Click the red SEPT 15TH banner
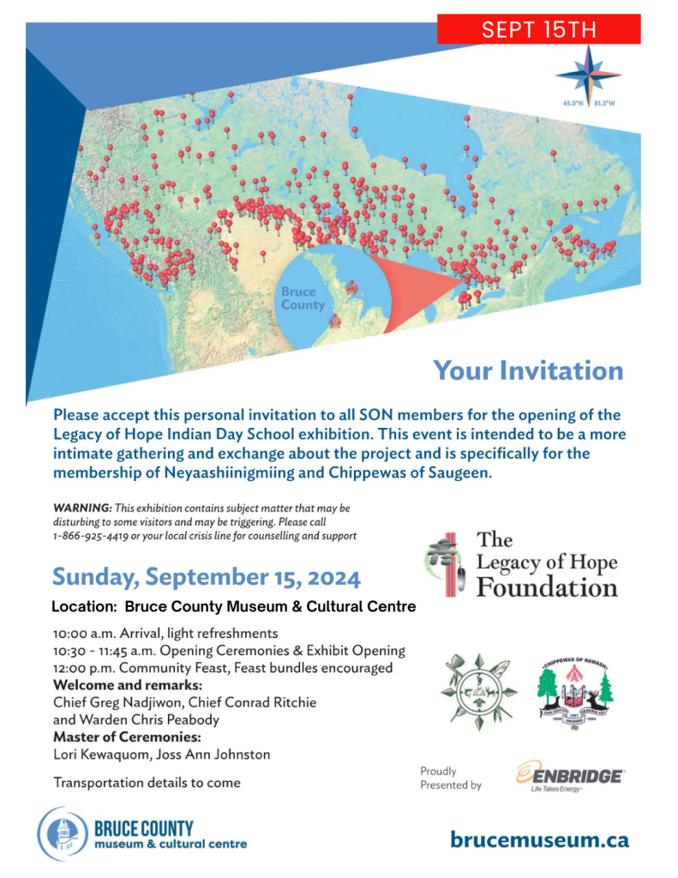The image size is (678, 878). (538, 30)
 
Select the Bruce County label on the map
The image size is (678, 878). (303, 298)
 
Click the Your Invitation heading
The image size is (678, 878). (528, 370)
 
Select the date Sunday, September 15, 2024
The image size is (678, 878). (207, 576)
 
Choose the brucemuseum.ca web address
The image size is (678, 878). (539, 839)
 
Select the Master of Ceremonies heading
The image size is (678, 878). (127, 737)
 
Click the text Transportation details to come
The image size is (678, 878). (147, 782)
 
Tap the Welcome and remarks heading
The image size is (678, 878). (127, 685)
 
